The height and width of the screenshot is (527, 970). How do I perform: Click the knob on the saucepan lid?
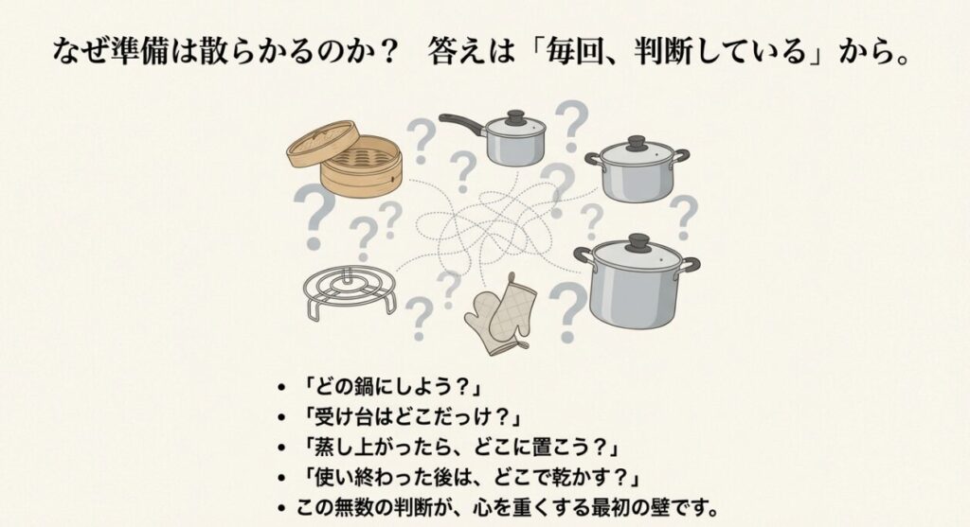515,117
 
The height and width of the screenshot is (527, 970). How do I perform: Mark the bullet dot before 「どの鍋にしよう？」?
280,389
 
